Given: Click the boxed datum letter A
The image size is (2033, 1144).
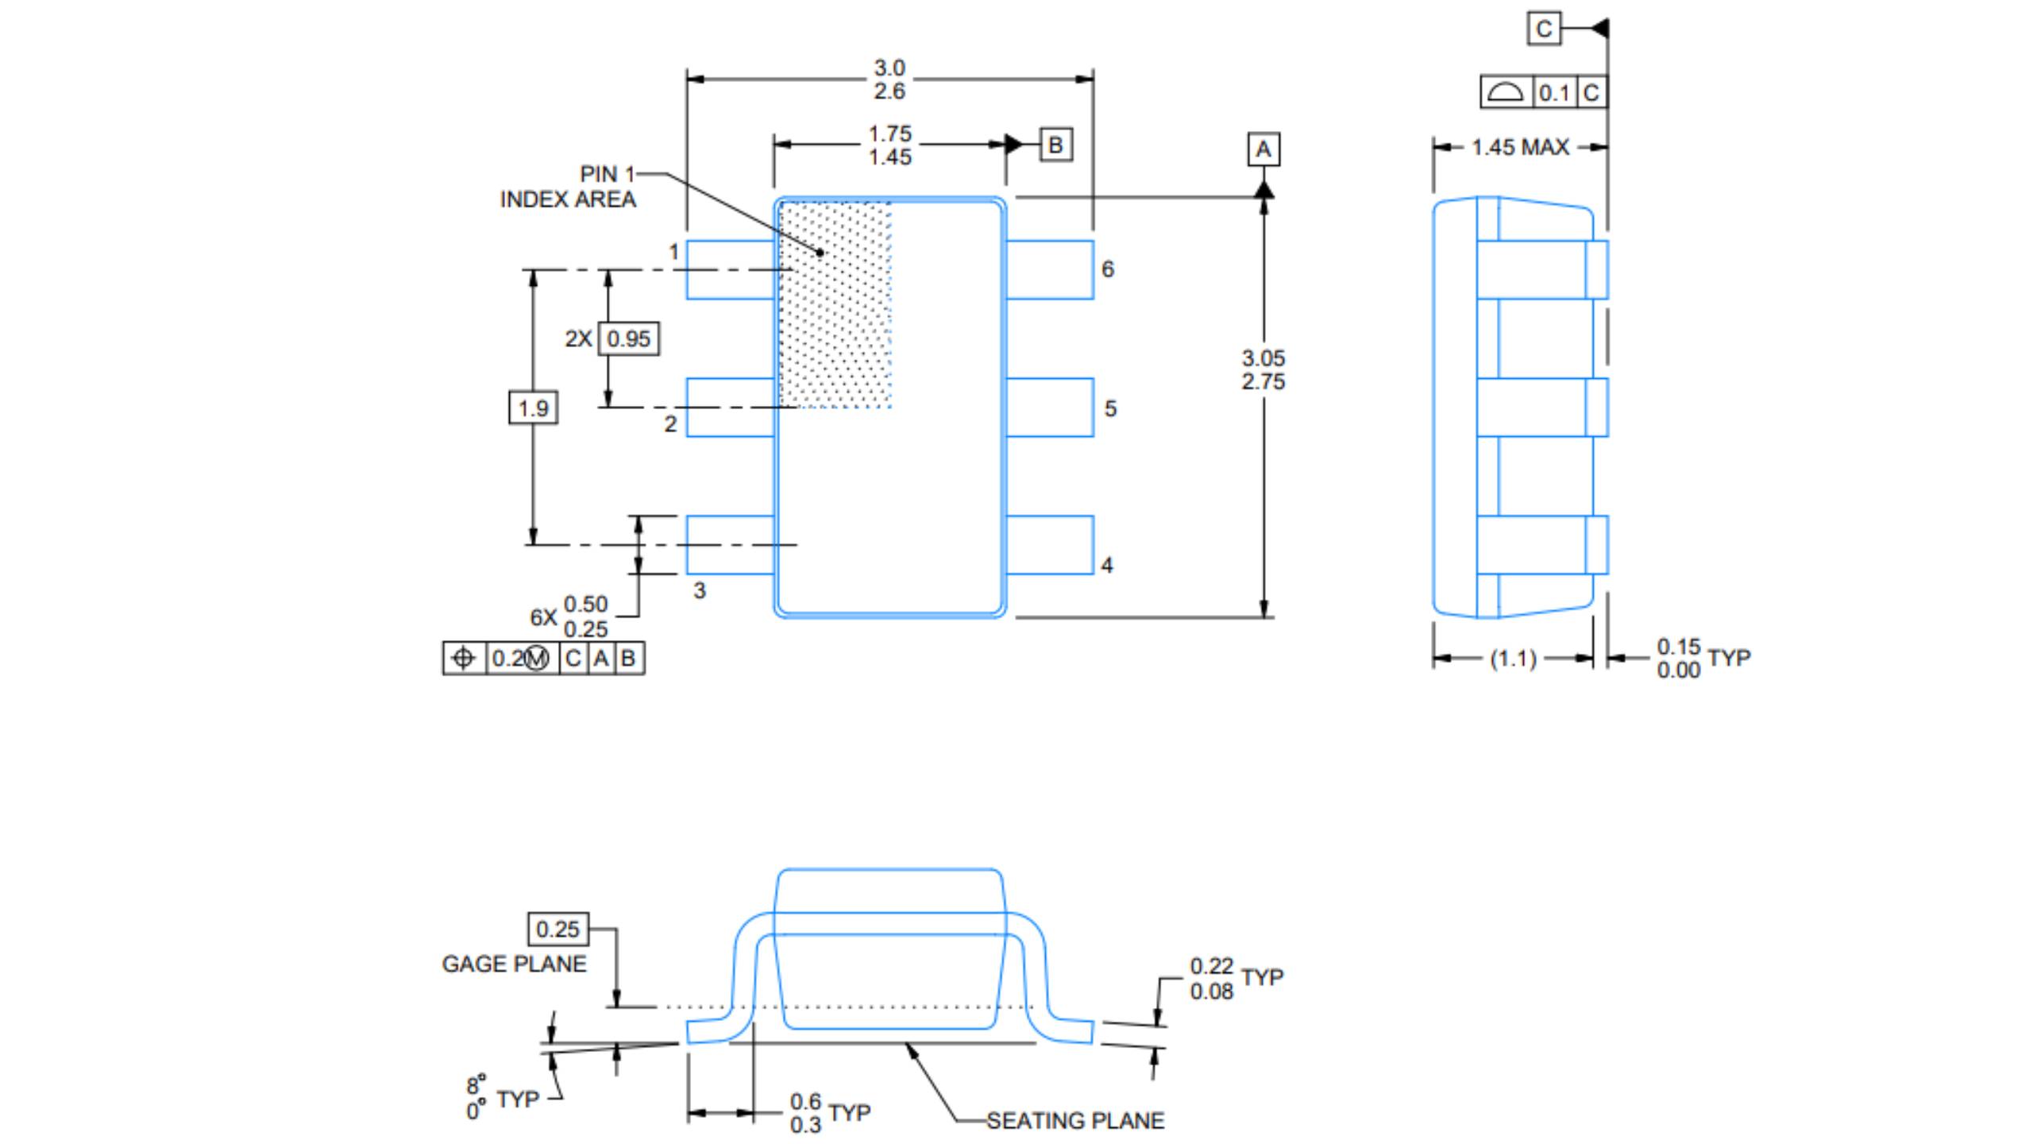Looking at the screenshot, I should coord(1263,149).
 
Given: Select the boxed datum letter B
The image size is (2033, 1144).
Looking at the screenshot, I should coord(1055,145).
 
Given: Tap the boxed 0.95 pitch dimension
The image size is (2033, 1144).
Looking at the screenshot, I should coord(628,339).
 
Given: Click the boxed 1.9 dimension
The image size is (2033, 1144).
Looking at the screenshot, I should coord(533,408).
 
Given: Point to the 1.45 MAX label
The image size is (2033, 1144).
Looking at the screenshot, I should coord(1520,147).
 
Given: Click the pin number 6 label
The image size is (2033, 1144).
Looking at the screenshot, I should coord(1108,269).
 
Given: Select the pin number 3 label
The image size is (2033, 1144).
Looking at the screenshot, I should coord(699,590).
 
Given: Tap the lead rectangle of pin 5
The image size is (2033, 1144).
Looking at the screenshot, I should coord(1049,408).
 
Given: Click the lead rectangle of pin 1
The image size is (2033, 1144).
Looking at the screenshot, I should coord(730,270).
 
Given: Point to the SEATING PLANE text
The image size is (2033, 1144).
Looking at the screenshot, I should coord(1075,1120).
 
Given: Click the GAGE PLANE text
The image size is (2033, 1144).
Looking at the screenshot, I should coord(514,964).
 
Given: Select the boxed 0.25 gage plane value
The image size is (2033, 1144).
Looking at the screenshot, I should coord(558,929).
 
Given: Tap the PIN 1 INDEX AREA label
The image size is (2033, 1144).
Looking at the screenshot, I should coord(569,187).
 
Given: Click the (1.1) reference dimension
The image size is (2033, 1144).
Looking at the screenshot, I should coord(1513,659).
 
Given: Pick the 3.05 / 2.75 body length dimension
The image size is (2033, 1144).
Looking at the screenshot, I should coord(1263,369).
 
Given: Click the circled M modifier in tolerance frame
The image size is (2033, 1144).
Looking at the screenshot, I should coord(537,659).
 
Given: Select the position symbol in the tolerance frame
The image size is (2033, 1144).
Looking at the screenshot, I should coord(464,659).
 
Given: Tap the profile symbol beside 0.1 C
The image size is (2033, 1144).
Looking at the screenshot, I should coord(1505,93).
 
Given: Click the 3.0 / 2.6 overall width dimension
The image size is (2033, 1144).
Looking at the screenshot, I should coord(889,79).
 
